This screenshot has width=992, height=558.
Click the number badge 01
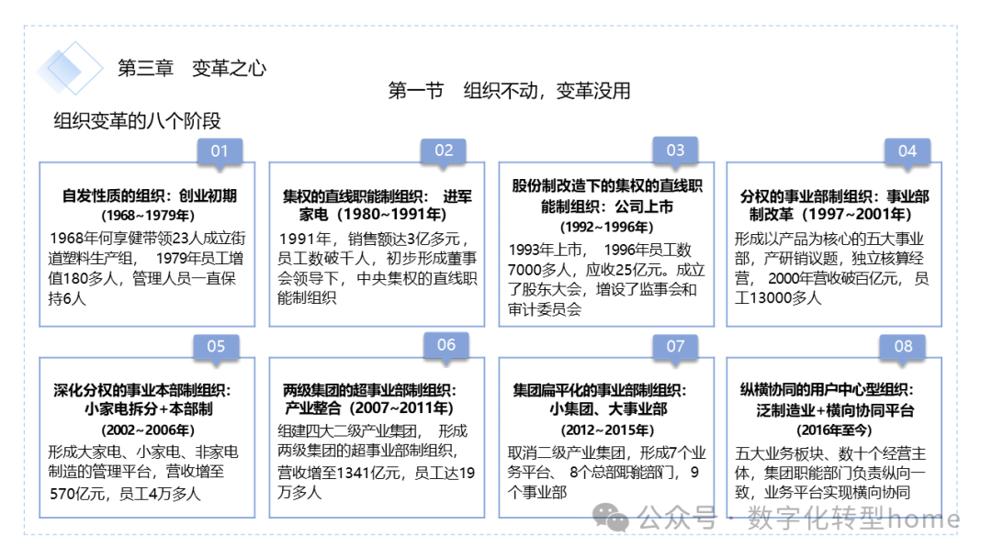coord(220,151)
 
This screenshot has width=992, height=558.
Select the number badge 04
coord(907,151)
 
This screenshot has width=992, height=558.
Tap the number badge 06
coord(446,345)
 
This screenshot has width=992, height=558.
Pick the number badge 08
coord(904,346)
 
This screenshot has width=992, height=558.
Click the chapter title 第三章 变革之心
coord(192,68)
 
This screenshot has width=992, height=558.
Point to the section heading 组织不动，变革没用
coord(547,91)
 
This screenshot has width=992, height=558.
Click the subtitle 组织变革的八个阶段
coord(137,121)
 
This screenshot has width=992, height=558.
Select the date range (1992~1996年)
coord(606,227)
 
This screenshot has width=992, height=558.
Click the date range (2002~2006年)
coord(148,430)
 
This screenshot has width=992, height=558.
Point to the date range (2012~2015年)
coord(607,430)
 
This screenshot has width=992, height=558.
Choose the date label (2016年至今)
coord(834,430)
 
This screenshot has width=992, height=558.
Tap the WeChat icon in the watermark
coord(610,519)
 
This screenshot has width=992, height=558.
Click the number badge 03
coord(675,151)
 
